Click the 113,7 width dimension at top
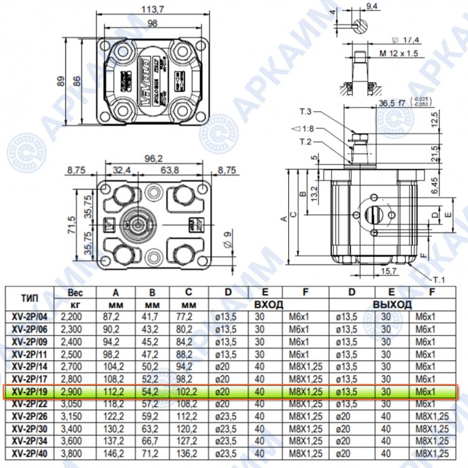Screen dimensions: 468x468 click(153, 9)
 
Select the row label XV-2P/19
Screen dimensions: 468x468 click(30, 392)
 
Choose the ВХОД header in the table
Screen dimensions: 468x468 click(268, 305)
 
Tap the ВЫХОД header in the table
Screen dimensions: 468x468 click(392, 305)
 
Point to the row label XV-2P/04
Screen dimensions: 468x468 click(30, 316)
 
